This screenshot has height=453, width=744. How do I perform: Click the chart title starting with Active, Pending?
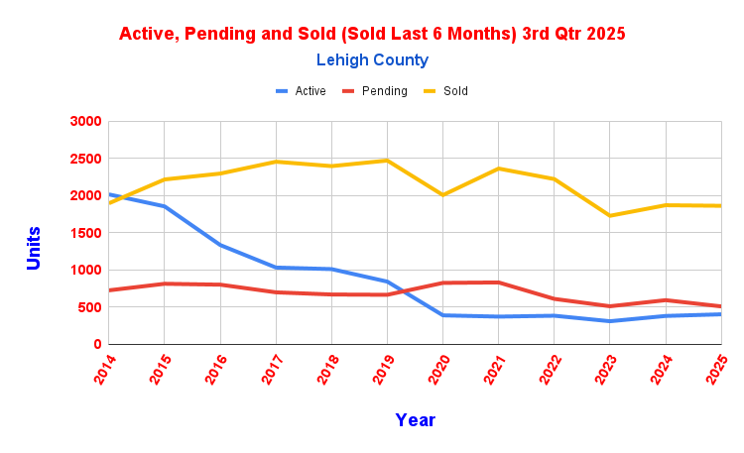372,34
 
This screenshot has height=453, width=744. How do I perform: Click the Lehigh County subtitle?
372,60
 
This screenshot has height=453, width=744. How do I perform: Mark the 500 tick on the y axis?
88,307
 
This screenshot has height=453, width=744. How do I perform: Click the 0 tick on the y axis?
97,344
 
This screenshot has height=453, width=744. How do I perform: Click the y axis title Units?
34,248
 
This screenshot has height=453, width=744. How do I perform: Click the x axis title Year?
415,420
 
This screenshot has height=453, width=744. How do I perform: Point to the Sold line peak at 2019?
387,161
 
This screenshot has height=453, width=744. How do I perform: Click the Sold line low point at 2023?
609,216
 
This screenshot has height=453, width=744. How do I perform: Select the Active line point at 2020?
442,315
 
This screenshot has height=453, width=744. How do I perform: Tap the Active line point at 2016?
220,245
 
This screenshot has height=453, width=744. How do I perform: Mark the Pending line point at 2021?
498,283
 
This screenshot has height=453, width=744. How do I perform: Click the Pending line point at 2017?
276,292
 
